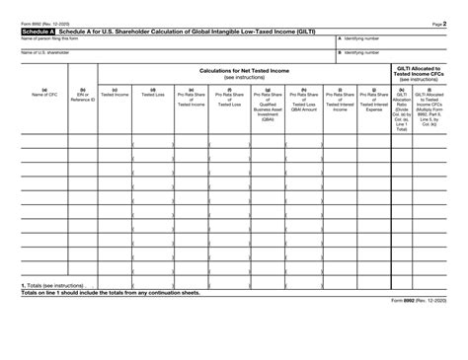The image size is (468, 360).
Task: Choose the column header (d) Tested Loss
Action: [x=152, y=94]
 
